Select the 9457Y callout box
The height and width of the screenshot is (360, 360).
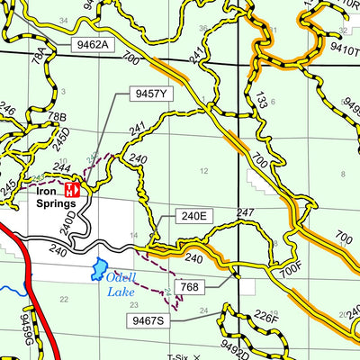pyautogui.click(x=150, y=94)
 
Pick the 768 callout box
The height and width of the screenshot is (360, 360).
pyautogui.click(x=190, y=288)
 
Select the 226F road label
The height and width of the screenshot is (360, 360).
pyautogui.click(x=266, y=316)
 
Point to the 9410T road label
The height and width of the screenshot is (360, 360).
pyautogui.click(x=344, y=40)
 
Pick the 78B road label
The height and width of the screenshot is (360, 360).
pyautogui.click(x=57, y=118)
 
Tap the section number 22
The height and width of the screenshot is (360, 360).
pyautogui.click(x=63, y=299)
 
